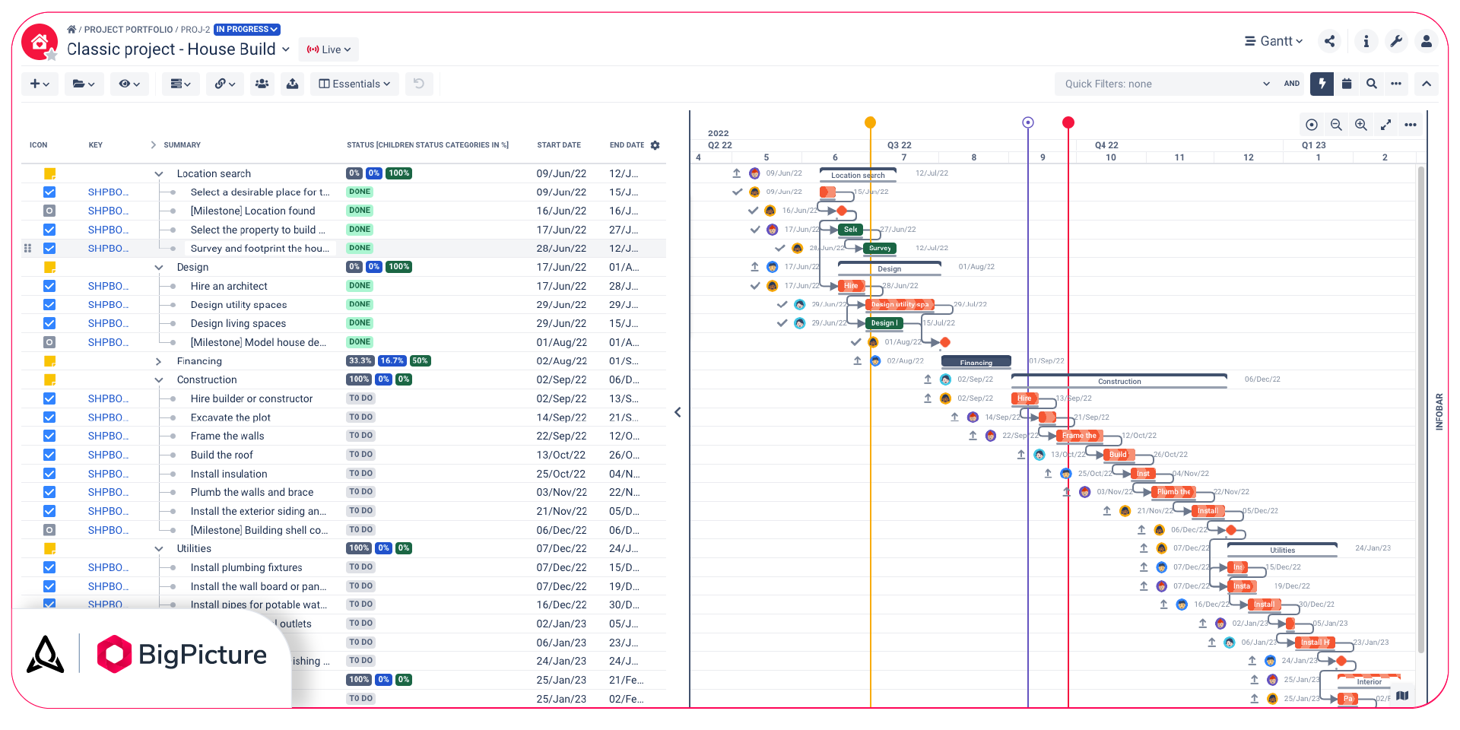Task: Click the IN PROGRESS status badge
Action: pyautogui.click(x=246, y=30)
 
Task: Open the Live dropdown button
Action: pyautogui.click(x=328, y=49)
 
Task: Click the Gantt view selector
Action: pyautogui.click(x=1274, y=41)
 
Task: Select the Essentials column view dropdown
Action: pyautogui.click(x=354, y=84)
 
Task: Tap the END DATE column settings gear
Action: pyautogui.click(x=655, y=145)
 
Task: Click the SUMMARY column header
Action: pyautogui.click(x=182, y=145)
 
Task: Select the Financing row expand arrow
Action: pyautogui.click(x=158, y=361)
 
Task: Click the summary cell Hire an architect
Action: pyautogui.click(x=229, y=286)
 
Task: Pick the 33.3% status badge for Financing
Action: pyautogui.click(x=360, y=361)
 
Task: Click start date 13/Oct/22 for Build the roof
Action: pyautogui.click(x=561, y=455)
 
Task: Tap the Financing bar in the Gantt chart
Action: pyautogui.click(x=976, y=362)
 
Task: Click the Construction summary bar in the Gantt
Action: pyautogui.click(x=1119, y=380)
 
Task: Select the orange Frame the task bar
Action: pyautogui.click(x=1080, y=436)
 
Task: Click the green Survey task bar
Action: pyautogui.click(x=880, y=248)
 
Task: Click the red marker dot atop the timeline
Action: pyautogui.click(x=1068, y=122)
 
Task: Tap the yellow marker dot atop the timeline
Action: pyautogui.click(x=871, y=122)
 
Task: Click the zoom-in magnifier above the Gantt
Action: pyautogui.click(x=1361, y=125)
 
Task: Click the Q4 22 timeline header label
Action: pyautogui.click(x=1106, y=145)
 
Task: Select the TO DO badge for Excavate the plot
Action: pyautogui.click(x=360, y=417)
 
